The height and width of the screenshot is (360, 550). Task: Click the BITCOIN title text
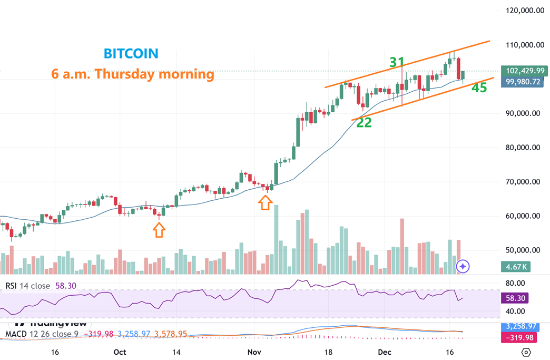coord(131,53)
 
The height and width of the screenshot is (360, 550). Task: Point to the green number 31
coord(397,63)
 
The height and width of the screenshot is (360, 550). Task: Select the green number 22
coord(364,123)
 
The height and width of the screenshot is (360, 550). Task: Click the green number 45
coord(479,88)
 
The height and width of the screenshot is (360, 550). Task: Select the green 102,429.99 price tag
coord(523,71)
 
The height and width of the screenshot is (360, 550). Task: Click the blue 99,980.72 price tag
coord(523,82)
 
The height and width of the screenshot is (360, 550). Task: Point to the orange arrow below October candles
coord(159,229)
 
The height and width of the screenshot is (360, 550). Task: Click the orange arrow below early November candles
coord(265,202)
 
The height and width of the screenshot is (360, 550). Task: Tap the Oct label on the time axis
coord(120,352)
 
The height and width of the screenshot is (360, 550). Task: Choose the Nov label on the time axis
coord(254,352)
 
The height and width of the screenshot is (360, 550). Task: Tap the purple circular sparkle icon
coord(463,267)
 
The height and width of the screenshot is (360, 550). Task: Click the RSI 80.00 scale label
coord(517,283)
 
